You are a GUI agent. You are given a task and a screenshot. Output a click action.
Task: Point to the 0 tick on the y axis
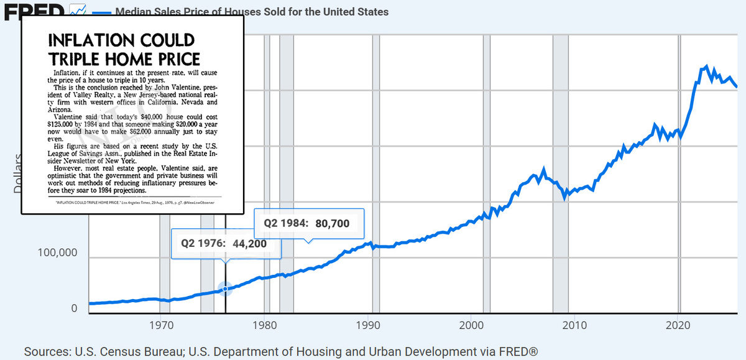coord(74,308)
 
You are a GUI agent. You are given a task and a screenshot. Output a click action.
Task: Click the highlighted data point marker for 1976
coord(225,288)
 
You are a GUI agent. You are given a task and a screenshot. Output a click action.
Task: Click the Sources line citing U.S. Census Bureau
coord(280,351)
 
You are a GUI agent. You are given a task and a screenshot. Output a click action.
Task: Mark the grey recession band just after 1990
coord(375,174)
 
